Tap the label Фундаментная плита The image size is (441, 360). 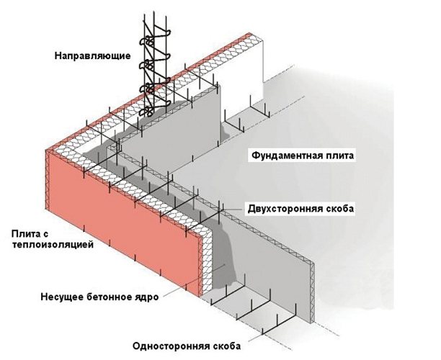pos(302,155)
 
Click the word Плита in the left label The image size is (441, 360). pos(24,234)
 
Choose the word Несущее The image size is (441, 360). pos(61,295)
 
